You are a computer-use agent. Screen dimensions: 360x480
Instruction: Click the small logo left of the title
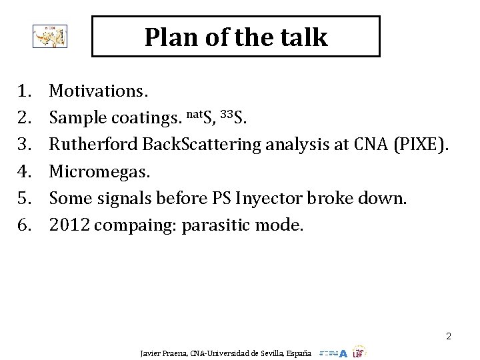click(50, 37)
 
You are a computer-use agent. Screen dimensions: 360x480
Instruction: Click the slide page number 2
click(449, 337)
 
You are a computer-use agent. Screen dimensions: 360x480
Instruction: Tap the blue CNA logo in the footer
click(333, 353)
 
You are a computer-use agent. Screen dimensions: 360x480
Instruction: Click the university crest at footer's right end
click(359, 352)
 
